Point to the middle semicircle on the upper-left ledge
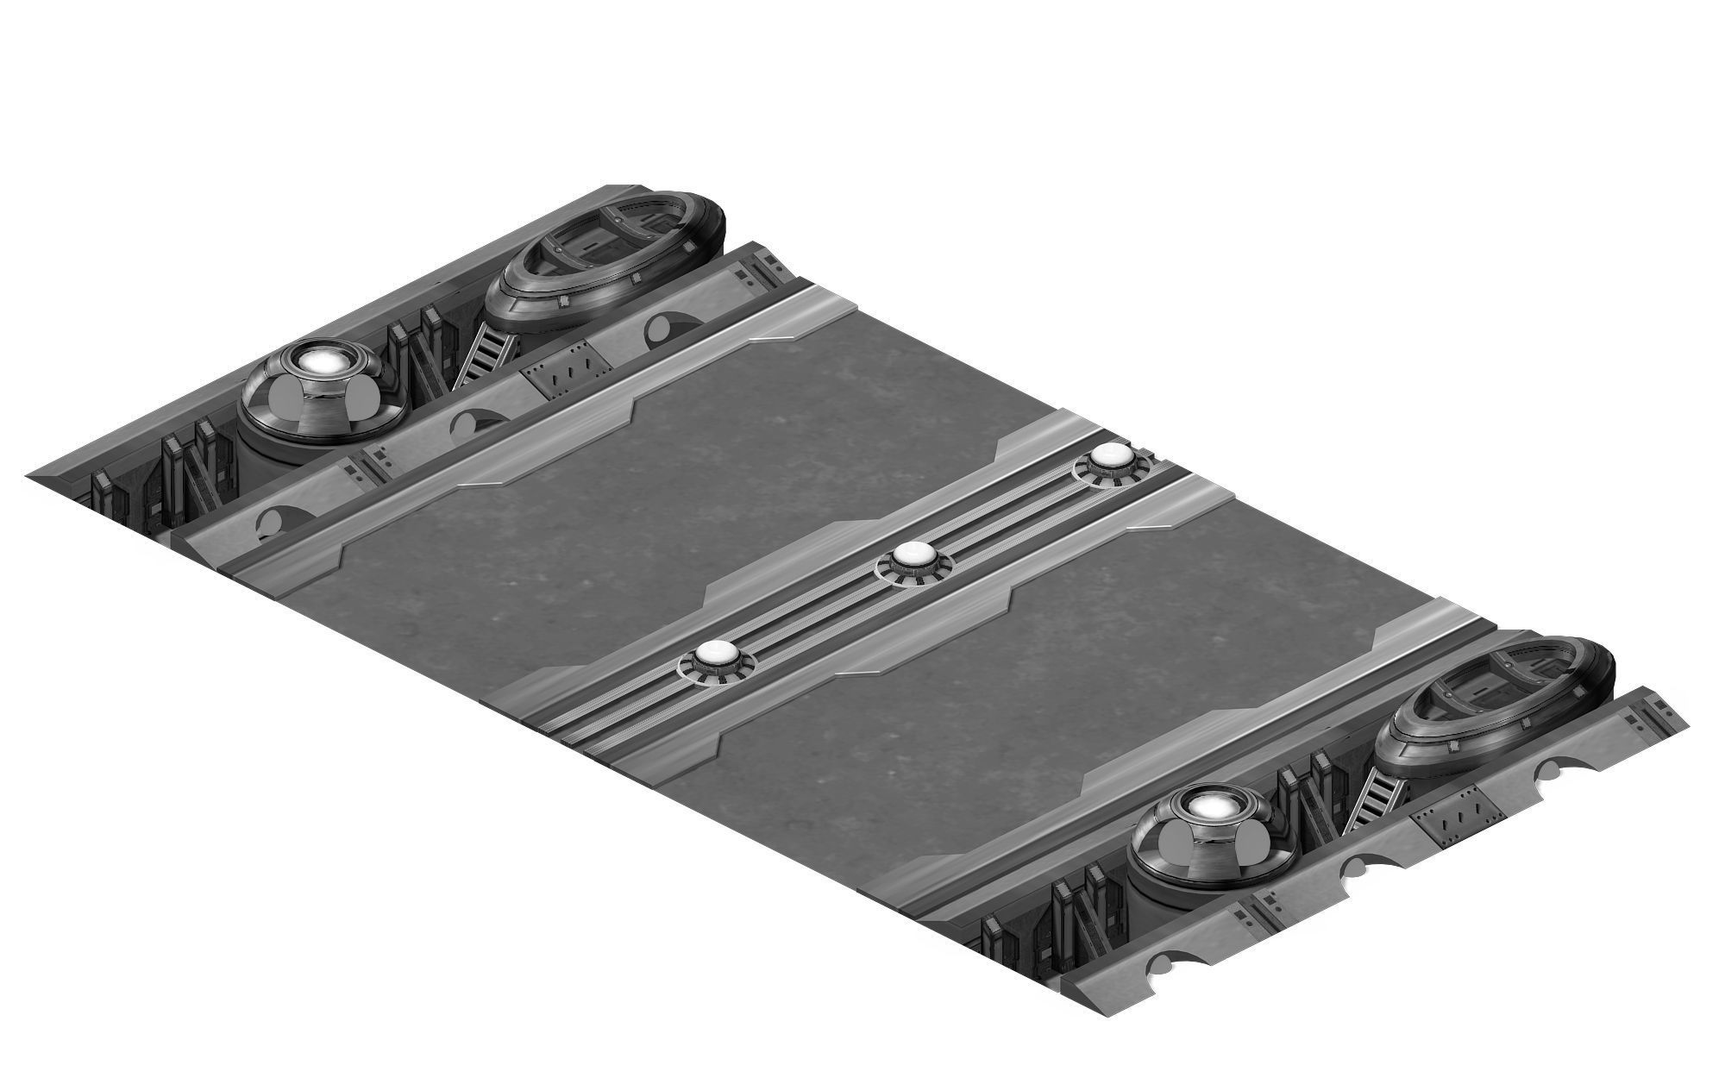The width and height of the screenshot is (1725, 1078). click(x=470, y=423)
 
